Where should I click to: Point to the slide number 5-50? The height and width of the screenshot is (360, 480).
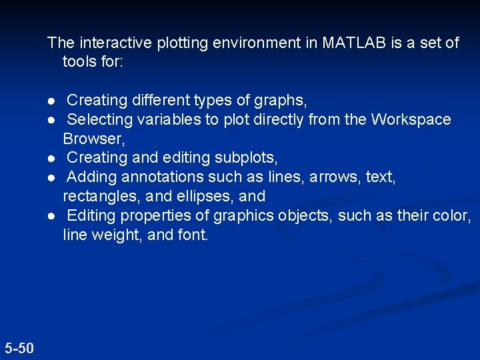19,347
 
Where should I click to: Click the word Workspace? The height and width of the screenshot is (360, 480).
411,120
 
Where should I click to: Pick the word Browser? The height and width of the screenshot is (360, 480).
93,139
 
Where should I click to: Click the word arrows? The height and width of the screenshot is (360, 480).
335,177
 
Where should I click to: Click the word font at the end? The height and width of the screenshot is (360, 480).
195,235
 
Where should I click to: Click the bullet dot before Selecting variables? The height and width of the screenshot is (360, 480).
51,120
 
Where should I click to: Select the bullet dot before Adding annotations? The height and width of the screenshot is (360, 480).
51,177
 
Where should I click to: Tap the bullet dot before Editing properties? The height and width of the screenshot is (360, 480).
51,216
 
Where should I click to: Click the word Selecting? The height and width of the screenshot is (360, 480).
100,120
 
